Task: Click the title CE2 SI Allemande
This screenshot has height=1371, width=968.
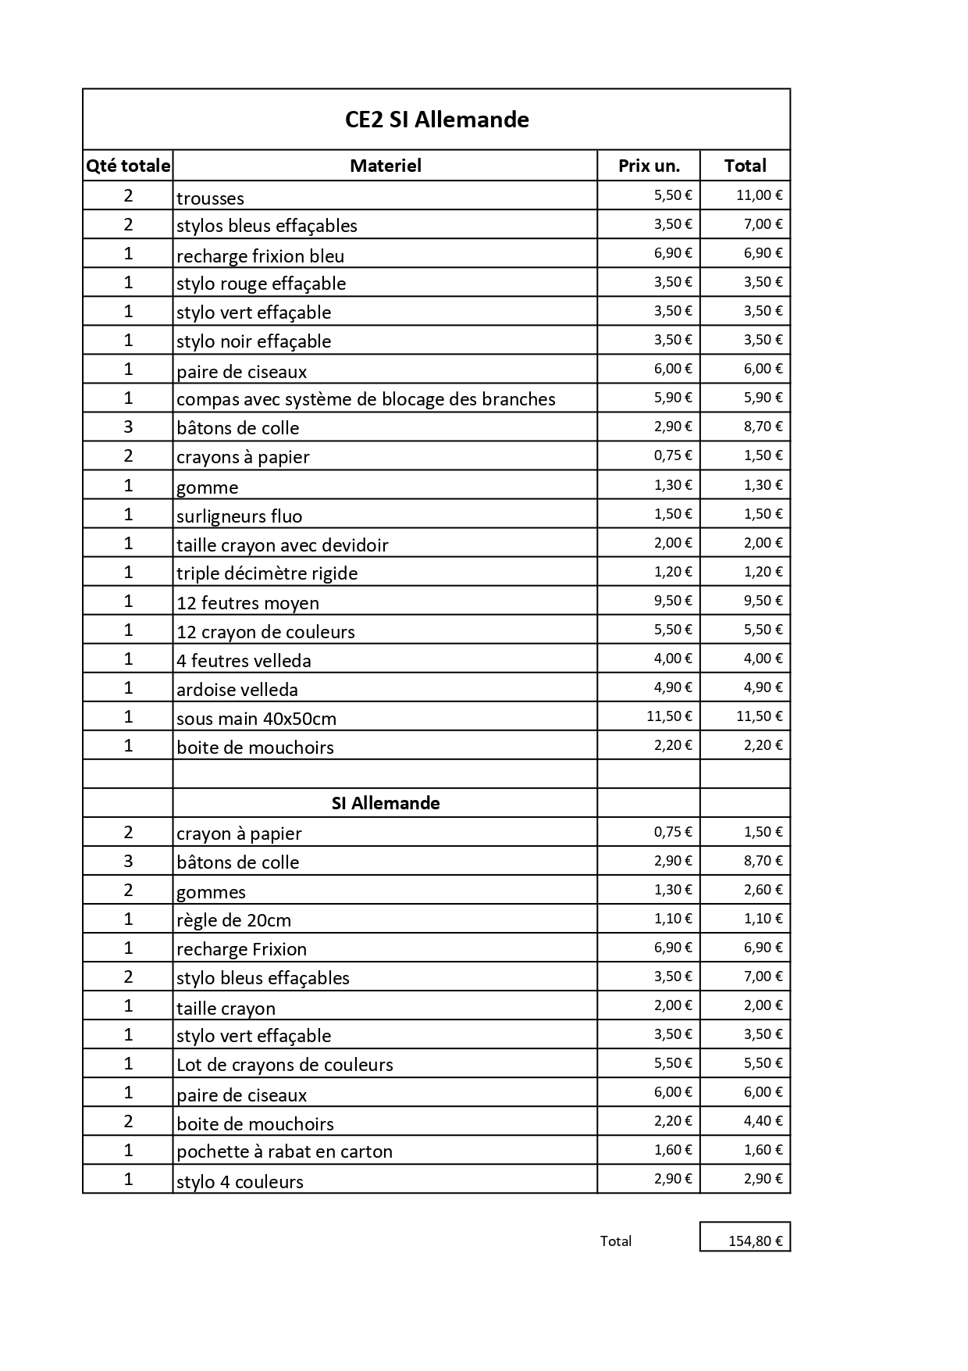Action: click(436, 120)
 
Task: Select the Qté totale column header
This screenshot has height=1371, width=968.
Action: click(128, 166)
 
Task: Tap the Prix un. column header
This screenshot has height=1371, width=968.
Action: click(649, 166)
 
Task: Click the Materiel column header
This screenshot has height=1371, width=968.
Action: click(385, 166)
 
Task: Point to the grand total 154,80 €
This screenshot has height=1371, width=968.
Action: click(754, 1241)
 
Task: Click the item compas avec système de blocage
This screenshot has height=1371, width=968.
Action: click(365, 399)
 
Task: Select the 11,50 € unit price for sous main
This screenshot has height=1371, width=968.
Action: click(668, 716)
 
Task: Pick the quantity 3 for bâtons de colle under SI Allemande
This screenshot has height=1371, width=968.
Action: click(128, 861)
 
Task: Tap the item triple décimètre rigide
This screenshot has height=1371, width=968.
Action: click(267, 573)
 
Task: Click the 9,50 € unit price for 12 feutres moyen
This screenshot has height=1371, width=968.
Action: click(672, 601)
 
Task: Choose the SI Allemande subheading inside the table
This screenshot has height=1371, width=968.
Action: click(385, 803)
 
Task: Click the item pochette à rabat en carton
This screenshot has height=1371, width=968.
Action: click(284, 1151)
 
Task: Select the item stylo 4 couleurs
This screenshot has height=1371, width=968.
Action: click(240, 1181)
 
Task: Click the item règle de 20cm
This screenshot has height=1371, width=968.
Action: click(233, 920)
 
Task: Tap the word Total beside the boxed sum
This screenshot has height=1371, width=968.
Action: click(615, 1241)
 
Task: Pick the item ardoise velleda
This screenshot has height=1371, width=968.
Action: click(237, 690)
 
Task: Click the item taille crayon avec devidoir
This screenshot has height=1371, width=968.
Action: click(282, 545)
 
